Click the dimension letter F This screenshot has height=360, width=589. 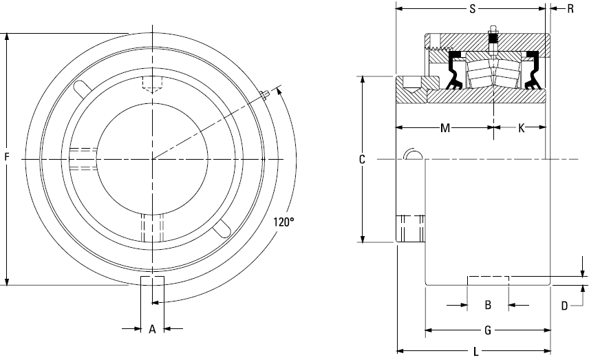click(x=6, y=157)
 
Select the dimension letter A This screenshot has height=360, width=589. click(x=152, y=329)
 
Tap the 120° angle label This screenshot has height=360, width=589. click(x=283, y=222)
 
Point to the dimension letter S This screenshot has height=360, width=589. click(x=473, y=9)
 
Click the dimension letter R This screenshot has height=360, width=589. click(x=570, y=9)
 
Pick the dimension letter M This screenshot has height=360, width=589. click(x=445, y=128)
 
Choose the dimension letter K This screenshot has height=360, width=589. click(x=522, y=128)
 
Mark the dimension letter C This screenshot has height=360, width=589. click(x=362, y=160)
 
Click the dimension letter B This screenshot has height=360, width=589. click(x=488, y=305)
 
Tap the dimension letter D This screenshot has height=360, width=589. click(x=564, y=306)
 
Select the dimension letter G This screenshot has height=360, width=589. click(x=488, y=330)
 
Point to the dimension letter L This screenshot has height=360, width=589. click(x=476, y=352)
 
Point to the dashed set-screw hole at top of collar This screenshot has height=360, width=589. click(x=152, y=84)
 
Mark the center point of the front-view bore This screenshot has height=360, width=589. click(x=152, y=159)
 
